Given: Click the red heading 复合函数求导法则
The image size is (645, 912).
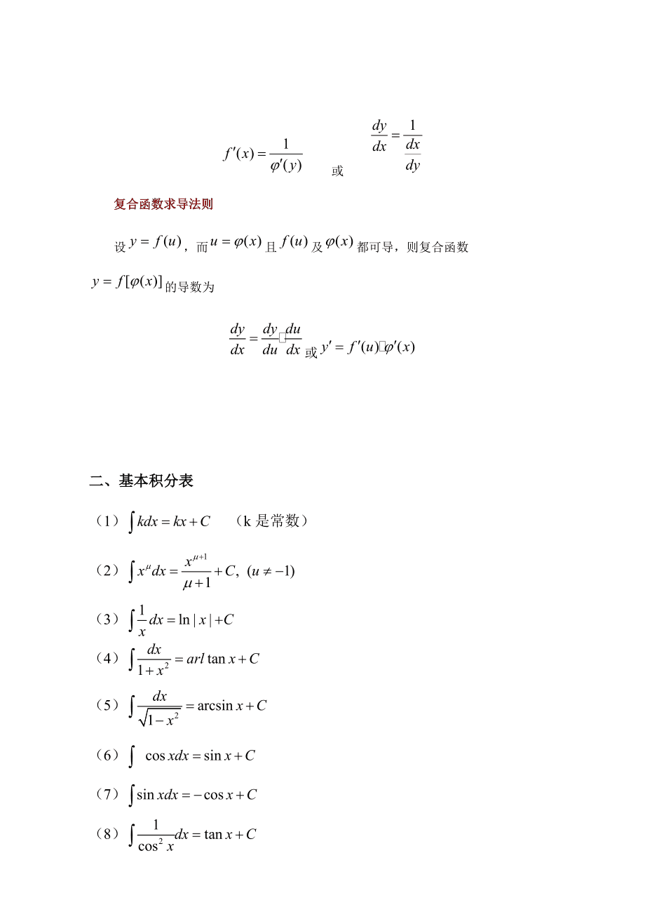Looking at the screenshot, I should pos(163,204).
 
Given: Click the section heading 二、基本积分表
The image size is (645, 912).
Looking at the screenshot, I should pos(141,481).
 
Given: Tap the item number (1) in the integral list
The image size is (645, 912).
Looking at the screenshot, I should pos(107,521).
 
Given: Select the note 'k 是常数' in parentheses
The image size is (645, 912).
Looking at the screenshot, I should pos(271,521).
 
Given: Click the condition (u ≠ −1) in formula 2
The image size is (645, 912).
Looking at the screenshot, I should pos(271,571).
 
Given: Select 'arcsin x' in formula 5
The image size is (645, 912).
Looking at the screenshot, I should pos(215,706).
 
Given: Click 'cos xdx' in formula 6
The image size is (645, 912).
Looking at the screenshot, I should pos(167,756).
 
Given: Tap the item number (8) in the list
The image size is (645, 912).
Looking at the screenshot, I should pos(107,834).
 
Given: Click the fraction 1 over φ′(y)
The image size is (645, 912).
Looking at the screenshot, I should pos(286,155).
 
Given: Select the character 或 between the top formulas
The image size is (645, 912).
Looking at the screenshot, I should pos(337,171).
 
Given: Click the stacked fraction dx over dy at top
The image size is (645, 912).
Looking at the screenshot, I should pos(413,154).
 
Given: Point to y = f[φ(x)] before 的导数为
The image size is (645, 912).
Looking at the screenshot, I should pos(127,282).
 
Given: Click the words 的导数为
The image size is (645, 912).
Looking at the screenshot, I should pos(189,286).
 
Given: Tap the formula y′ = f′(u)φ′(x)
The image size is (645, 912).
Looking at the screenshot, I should pos(368,347).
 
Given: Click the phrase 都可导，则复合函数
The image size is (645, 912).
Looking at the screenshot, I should pos(412,247).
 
